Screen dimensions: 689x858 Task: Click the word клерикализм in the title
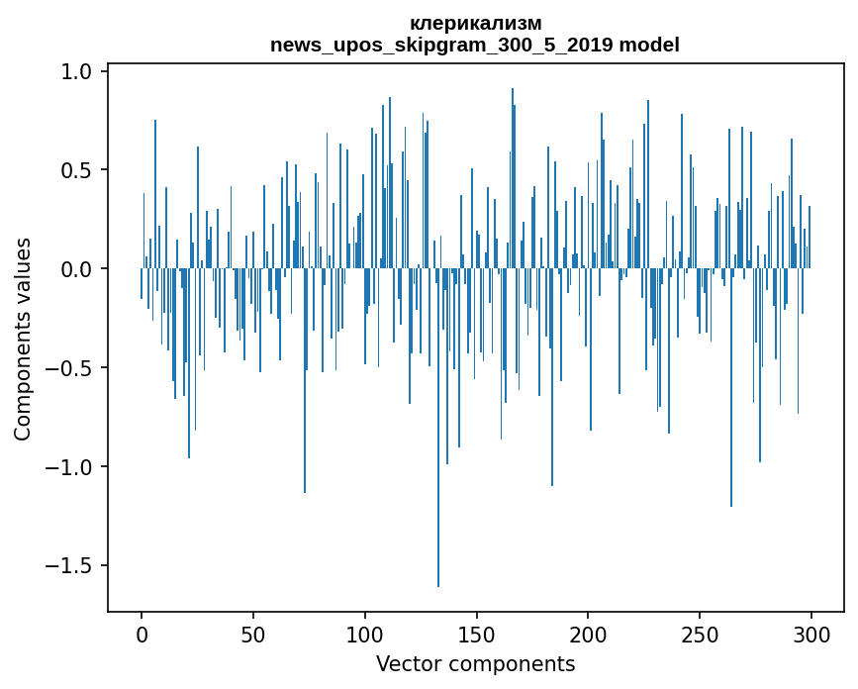click(475, 23)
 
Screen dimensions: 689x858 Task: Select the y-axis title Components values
click(23, 339)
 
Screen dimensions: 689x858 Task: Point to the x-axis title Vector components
click(475, 663)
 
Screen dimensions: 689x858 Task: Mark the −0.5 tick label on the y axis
click(71, 368)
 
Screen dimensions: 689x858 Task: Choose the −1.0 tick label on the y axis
click(71, 467)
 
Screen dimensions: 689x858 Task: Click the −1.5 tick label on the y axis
click(71, 566)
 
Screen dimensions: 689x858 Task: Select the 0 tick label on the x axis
click(142, 633)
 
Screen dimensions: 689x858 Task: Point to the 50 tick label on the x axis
click(253, 633)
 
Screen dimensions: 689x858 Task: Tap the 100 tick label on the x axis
click(365, 633)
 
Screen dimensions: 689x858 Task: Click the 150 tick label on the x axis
click(477, 633)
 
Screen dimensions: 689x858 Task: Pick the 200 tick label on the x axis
click(589, 633)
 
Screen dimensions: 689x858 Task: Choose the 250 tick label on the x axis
click(700, 633)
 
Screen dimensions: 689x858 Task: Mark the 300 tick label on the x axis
click(811, 633)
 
